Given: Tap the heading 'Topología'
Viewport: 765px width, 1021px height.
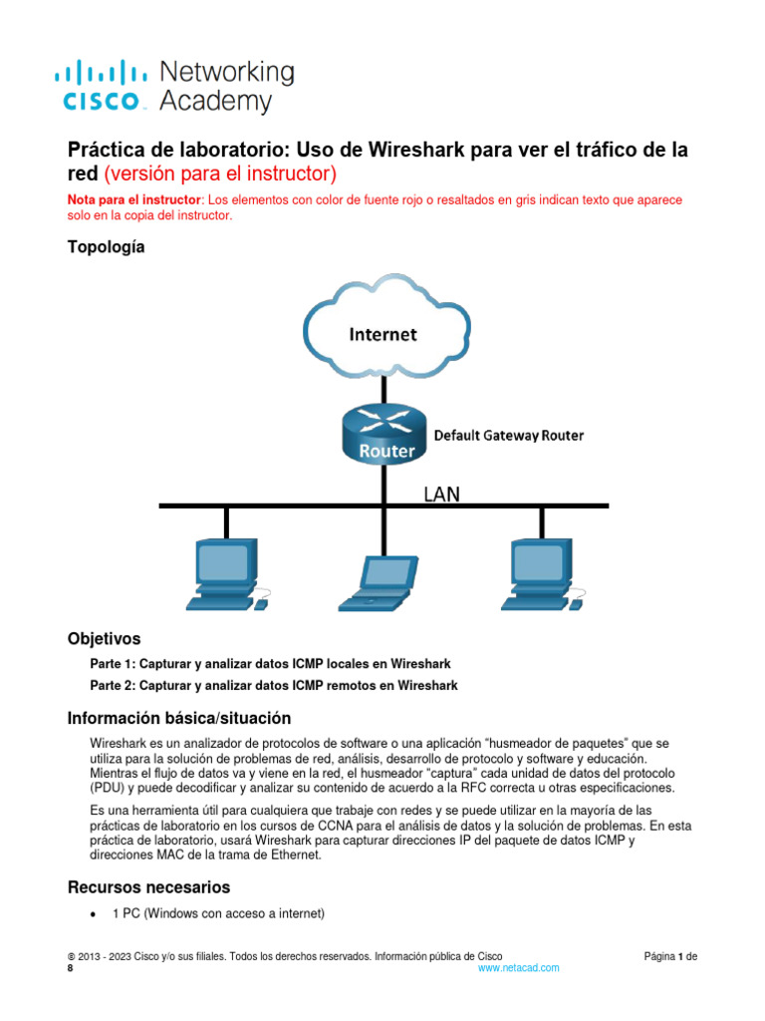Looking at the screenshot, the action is tap(106, 247).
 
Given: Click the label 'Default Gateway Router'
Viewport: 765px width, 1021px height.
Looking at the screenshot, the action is tap(508, 436).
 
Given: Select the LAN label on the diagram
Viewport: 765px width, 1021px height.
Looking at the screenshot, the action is tap(442, 494).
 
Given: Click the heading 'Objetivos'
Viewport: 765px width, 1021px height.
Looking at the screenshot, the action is tap(104, 638).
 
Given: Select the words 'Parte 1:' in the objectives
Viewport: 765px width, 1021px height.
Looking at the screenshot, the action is tap(113, 664).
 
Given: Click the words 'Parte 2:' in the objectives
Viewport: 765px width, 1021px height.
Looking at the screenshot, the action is tap(113, 685).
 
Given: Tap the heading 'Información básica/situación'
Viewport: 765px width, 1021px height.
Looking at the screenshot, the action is tap(178, 718).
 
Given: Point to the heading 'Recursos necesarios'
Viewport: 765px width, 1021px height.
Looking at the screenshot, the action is tap(148, 887).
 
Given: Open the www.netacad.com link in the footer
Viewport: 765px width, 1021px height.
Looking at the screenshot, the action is tap(518, 968).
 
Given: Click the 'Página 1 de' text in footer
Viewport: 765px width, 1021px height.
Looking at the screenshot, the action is tap(670, 956).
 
